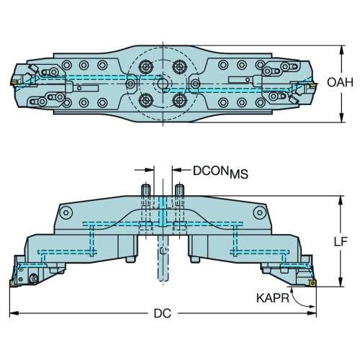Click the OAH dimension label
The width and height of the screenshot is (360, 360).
pyautogui.click(x=340, y=82)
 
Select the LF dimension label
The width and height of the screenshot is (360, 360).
pyautogui.click(x=341, y=241)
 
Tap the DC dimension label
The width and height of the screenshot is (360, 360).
pyautogui.click(x=163, y=313)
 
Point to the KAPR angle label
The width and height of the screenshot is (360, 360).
pyautogui.click(x=273, y=298)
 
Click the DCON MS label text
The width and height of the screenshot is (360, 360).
pyautogui.click(x=220, y=172)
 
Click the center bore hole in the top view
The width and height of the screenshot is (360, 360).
pyautogui.click(x=163, y=84)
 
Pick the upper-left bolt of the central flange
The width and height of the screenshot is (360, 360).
pyautogui.click(x=145, y=67)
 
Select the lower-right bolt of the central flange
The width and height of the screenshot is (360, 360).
pyautogui.click(x=179, y=100)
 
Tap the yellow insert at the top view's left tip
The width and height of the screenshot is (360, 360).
pyautogui.click(x=14, y=82)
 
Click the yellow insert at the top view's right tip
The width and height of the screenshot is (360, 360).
pyautogui.click(x=312, y=85)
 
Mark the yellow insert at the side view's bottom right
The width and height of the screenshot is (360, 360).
pyautogui.click(x=312, y=283)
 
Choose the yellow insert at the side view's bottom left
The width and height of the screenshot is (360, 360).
pyautogui.click(x=12, y=283)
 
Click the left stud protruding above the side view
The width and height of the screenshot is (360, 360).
pyautogui.click(x=145, y=190)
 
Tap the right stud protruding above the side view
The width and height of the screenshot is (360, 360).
pyautogui.click(x=179, y=190)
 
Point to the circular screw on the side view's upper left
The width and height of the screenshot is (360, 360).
pyautogui.click(x=66, y=212)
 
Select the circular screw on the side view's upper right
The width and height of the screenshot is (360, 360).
pyautogui.click(x=260, y=212)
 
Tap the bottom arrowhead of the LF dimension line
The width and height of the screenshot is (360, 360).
pyautogui.click(x=341, y=282)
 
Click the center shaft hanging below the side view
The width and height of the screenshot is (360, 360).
pyautogui.click(x=163, y=258)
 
